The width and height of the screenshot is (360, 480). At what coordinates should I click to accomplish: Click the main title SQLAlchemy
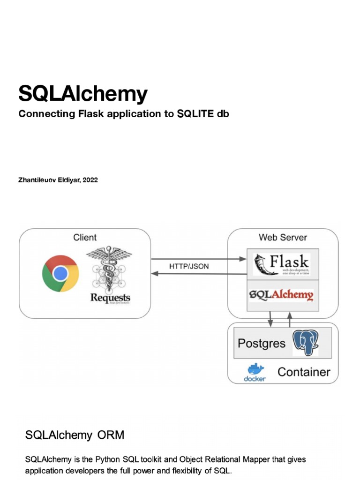[x=82, y=94]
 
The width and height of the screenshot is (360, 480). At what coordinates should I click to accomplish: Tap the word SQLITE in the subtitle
[x=194, y=114]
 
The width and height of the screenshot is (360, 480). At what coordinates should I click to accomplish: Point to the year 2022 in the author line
[x=90, y=180]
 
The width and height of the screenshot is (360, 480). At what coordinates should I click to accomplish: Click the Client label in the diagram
[x=85, y=238]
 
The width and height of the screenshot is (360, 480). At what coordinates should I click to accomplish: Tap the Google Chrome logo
[x=60, y=273]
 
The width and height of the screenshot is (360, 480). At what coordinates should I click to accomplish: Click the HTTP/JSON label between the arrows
[x=189, y=266]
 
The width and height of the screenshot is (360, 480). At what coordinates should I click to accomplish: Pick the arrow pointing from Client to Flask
[x=199, y=258]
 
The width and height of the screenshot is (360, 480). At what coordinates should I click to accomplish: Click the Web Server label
[x=283, y=238]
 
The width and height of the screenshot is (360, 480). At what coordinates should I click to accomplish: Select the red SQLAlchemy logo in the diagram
[x=281, y=295]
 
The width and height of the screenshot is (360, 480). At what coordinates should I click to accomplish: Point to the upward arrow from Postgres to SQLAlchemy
[x=290, y=319]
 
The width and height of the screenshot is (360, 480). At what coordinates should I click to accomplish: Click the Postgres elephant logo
[x=305, y=343]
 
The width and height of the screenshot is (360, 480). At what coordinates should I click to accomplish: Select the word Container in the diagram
[x=304, y=372]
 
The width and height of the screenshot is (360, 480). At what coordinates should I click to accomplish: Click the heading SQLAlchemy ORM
[x=75, y=435]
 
